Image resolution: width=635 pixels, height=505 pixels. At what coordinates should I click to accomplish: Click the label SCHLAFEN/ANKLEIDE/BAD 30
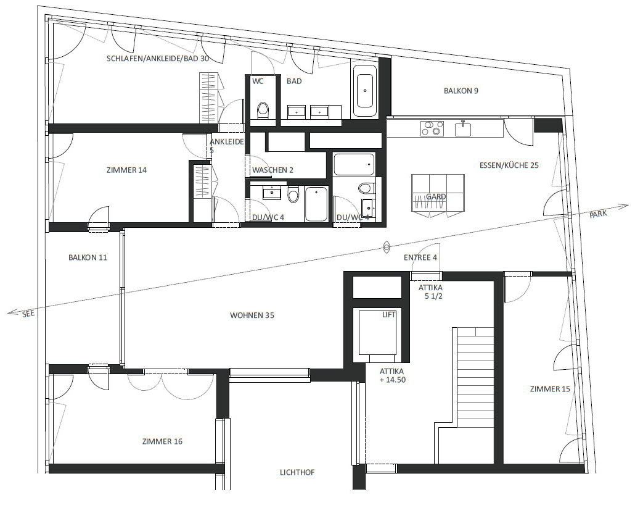coord(158,59)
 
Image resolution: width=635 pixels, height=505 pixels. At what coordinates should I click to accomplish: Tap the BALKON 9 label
coord(461,91)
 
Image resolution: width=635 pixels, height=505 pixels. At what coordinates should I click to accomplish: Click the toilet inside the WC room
coord(264,110)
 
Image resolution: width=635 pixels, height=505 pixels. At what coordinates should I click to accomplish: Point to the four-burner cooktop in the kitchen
coord(432,128)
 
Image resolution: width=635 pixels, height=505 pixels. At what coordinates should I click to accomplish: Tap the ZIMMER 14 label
coord(126,170)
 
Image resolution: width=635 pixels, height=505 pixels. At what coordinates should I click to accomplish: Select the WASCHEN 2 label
coord(272,170)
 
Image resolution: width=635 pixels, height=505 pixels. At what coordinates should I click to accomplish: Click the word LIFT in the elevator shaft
coord(388,315)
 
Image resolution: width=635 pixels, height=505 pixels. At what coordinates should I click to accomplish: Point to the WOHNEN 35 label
coord(252,315)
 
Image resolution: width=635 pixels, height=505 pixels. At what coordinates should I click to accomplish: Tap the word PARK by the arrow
coord(598,214)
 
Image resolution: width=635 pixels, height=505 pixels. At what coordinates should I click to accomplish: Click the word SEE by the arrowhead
coord(28,314)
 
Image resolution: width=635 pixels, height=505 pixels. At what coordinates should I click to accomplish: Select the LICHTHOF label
coord(297,472)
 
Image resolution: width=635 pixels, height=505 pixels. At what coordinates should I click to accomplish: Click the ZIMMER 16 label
coord(162,441)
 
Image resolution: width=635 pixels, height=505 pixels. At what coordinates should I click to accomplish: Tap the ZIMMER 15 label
coord(549,389)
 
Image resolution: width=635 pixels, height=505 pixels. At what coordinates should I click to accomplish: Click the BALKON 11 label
coord(88,257)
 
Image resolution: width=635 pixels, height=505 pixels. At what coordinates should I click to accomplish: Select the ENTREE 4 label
coord(420,257)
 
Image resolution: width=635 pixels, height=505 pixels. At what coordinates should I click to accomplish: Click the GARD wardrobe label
coord(436,197)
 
